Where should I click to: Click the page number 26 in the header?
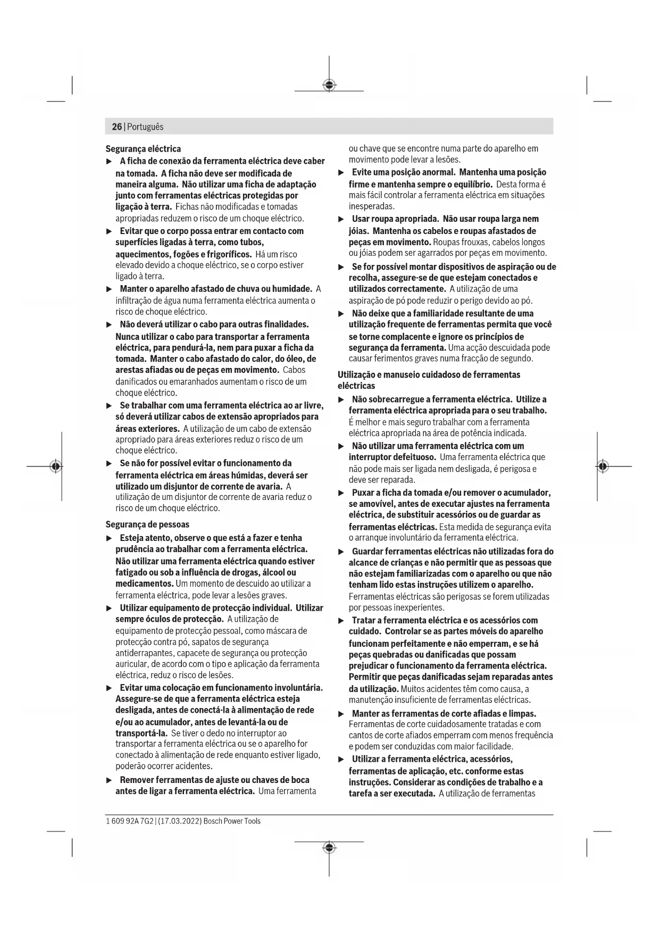coord(116,127)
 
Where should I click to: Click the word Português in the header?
coord(145,127)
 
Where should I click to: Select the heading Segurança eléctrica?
coord(143,149)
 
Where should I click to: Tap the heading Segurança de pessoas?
coord(147,524)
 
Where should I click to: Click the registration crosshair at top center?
coord(329,85)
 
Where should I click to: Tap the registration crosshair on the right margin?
coord(602,466)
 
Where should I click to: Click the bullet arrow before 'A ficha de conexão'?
coord(109,161)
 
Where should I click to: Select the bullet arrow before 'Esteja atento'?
coord(109,538)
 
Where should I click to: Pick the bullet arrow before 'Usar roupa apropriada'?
coord(341,219)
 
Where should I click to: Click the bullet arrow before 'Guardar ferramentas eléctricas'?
coord(341,552)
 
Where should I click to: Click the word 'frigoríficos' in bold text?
coord(227,254)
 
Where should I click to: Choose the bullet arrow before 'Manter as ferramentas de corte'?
coord(341,714)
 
